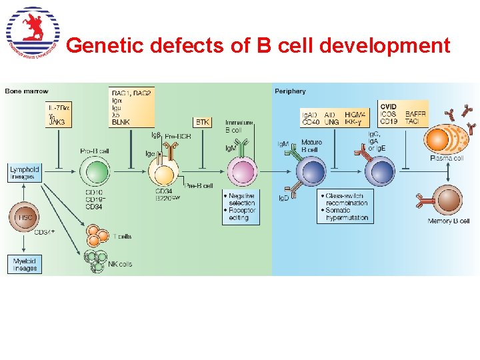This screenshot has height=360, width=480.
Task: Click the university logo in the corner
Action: pyautogui.click(x=33, y=31)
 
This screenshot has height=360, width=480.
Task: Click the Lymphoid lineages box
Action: pyautogui.click(x=25, y=173)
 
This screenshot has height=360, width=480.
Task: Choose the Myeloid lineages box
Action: pyautogui.click(x=25, y=264)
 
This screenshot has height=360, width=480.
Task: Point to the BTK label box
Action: pyautogui.click(x=203, y=122)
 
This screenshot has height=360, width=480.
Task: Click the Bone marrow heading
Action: pyautogui.click(x=27, y=91)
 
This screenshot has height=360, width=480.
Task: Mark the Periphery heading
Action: pyautogui.click(x=291, y=91)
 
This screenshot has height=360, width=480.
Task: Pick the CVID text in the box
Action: pyautogui.click(x=388, y=107)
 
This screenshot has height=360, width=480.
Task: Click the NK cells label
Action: pyautogui.click(x=120, y=265)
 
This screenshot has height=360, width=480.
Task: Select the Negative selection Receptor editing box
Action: pyautogui.click(x=241, y=207)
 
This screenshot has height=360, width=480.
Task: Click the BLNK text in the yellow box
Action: pyautogui.click(x=121, y=122)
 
